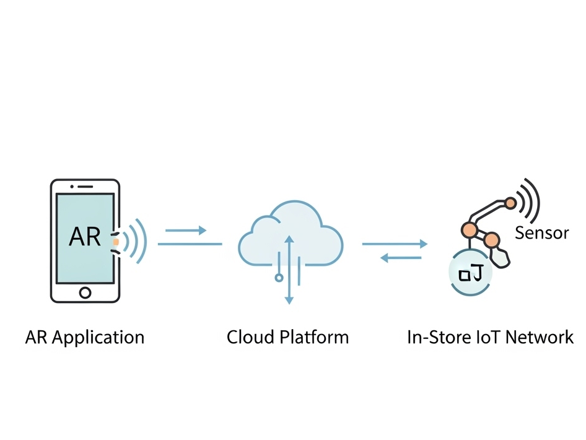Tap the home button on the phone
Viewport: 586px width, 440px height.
point(85,291)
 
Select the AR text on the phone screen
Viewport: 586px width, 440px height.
point(85,236)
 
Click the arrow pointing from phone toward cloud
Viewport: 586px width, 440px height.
point(186,231)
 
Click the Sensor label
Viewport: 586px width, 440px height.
point(541,234)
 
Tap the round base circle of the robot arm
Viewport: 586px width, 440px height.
point(469,273)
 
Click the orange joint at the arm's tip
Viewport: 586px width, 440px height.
point(510,203)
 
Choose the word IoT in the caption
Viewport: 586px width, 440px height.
point(488,338)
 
